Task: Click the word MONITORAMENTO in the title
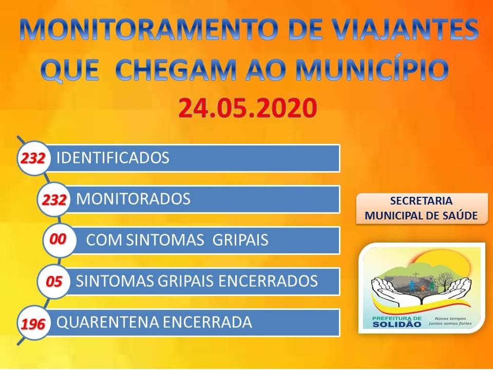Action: click(149, 30)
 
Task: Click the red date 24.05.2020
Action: click(248, 108)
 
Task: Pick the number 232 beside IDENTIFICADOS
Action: click(33, 158)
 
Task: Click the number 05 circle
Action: click(54, 281)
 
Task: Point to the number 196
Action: click(33, 323)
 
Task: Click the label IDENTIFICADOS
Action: click(113, 158)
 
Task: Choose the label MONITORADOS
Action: click(134, 199)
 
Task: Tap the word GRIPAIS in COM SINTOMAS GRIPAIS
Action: click(240, 240)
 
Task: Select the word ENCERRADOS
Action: click(268, 281)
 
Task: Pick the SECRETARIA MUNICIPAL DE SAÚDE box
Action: click(422, 209)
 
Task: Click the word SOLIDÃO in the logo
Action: click(397, 324)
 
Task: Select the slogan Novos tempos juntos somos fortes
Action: click(450, 321)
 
